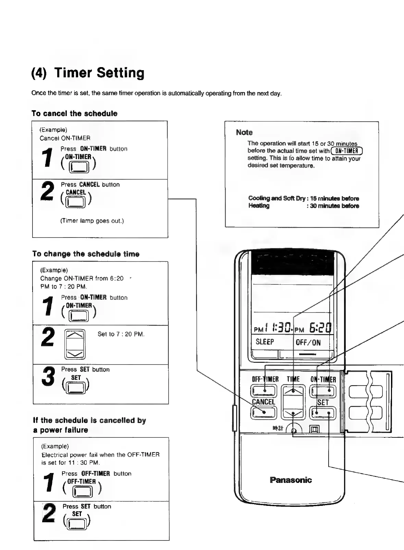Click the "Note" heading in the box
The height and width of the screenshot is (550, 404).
pyautogui.click(x=244, y=132)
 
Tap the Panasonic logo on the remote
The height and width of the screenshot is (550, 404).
pyautogui.click(x=291, y=480)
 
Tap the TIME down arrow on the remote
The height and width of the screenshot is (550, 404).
pyautogui.click(x=293, y=414)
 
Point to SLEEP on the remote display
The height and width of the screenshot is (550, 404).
pyautogui.click(x=265, y=342)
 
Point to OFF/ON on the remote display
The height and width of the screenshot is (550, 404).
pyautogui.click(x=308, y=343)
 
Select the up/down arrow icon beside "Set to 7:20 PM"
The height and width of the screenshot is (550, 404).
pyautogui.click(x=75, y=344)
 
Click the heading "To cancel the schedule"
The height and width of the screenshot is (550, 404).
pyautogui.click(x=74, y=114)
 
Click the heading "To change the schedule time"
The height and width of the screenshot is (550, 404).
pyautogui.click(x=86, y=254)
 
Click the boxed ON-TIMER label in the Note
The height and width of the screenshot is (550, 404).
pyautogui.click(x=346, y=151)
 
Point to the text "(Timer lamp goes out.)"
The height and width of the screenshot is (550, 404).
pyautogui.click(x=92, y=221)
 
